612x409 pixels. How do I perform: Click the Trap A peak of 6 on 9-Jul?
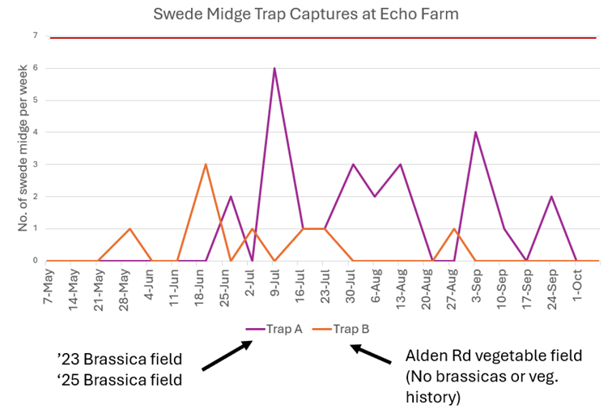coord(274,68)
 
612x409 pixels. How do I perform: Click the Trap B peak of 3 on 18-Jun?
coord(206,164)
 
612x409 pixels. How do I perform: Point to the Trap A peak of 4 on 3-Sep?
coord(476,132)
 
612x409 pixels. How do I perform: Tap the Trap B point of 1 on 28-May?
coord(130,228)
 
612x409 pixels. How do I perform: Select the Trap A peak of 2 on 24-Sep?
coord(551,197)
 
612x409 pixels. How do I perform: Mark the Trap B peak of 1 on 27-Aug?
coord(454,228)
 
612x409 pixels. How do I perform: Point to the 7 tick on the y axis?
coord(34,36)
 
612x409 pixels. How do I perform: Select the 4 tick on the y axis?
coord(34,132)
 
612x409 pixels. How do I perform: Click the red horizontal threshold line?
coord(324,37)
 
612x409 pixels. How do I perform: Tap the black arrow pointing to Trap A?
coord(227,356)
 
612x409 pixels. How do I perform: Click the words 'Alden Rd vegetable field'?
coord(494,356)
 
